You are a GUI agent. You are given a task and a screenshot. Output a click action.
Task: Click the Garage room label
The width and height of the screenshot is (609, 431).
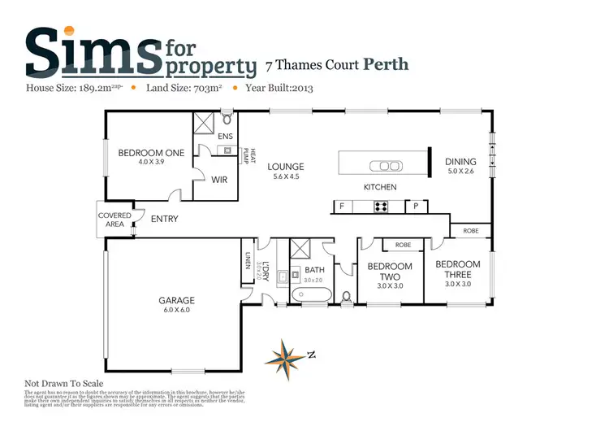coord(175,301)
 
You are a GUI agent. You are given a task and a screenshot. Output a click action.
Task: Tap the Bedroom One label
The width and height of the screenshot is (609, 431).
coord(151,153)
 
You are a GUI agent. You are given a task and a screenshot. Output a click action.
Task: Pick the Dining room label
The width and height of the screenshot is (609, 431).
coord(460,162)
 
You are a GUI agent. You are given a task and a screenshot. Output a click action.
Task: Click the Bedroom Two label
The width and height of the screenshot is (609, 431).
coord(390,267)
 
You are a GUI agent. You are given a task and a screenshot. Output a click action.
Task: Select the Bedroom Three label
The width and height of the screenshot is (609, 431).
coord(458,264)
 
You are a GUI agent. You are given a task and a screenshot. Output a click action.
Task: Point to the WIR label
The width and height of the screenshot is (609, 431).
coord(218,180)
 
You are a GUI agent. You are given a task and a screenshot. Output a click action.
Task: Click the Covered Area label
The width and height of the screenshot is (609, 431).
coord(114,220)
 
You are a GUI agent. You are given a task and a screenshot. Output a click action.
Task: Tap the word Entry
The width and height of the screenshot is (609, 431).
coord(164,219)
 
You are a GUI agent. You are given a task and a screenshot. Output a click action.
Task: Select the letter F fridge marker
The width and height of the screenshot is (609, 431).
coord(342,207)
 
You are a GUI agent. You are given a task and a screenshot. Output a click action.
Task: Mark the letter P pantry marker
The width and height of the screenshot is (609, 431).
coord(416,207)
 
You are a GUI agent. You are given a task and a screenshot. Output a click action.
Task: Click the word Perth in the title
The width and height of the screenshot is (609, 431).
coord(385,63)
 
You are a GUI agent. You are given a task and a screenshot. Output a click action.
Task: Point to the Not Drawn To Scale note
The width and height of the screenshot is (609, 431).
coord(64,383)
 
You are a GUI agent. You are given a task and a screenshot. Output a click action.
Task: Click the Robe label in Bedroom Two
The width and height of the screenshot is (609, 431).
coord(403,244)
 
